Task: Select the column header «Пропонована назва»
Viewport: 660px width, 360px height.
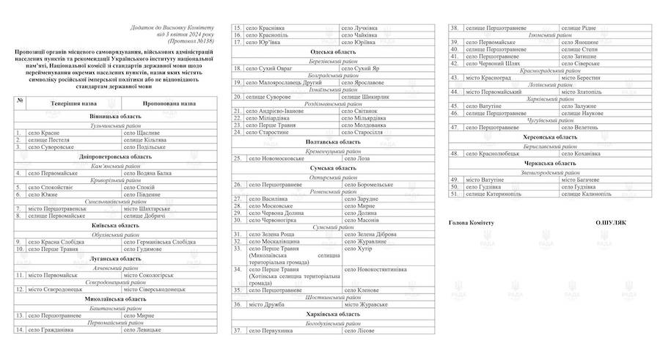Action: click(x=169, y=103)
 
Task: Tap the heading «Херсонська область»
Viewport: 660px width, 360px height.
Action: click(x=550, y=137)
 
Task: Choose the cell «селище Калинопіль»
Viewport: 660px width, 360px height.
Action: click(x=587, y=194)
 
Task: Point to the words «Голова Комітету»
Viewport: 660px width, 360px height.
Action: click(x=472, y=222)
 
